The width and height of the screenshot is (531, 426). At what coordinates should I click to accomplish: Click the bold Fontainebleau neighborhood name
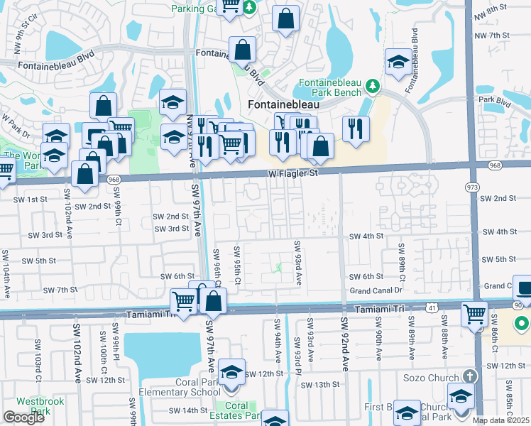[x=283, y=104]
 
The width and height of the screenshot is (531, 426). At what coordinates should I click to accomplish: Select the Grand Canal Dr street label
[x=376, y=290]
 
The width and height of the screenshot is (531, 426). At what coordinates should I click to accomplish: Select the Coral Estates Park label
[x=237, y=411]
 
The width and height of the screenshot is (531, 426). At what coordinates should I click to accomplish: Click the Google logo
[x=23, y=417]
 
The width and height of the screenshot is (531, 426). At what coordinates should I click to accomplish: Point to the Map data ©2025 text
[x=500, y=420]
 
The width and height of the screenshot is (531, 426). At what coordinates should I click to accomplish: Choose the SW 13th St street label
[x=320, y=384]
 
